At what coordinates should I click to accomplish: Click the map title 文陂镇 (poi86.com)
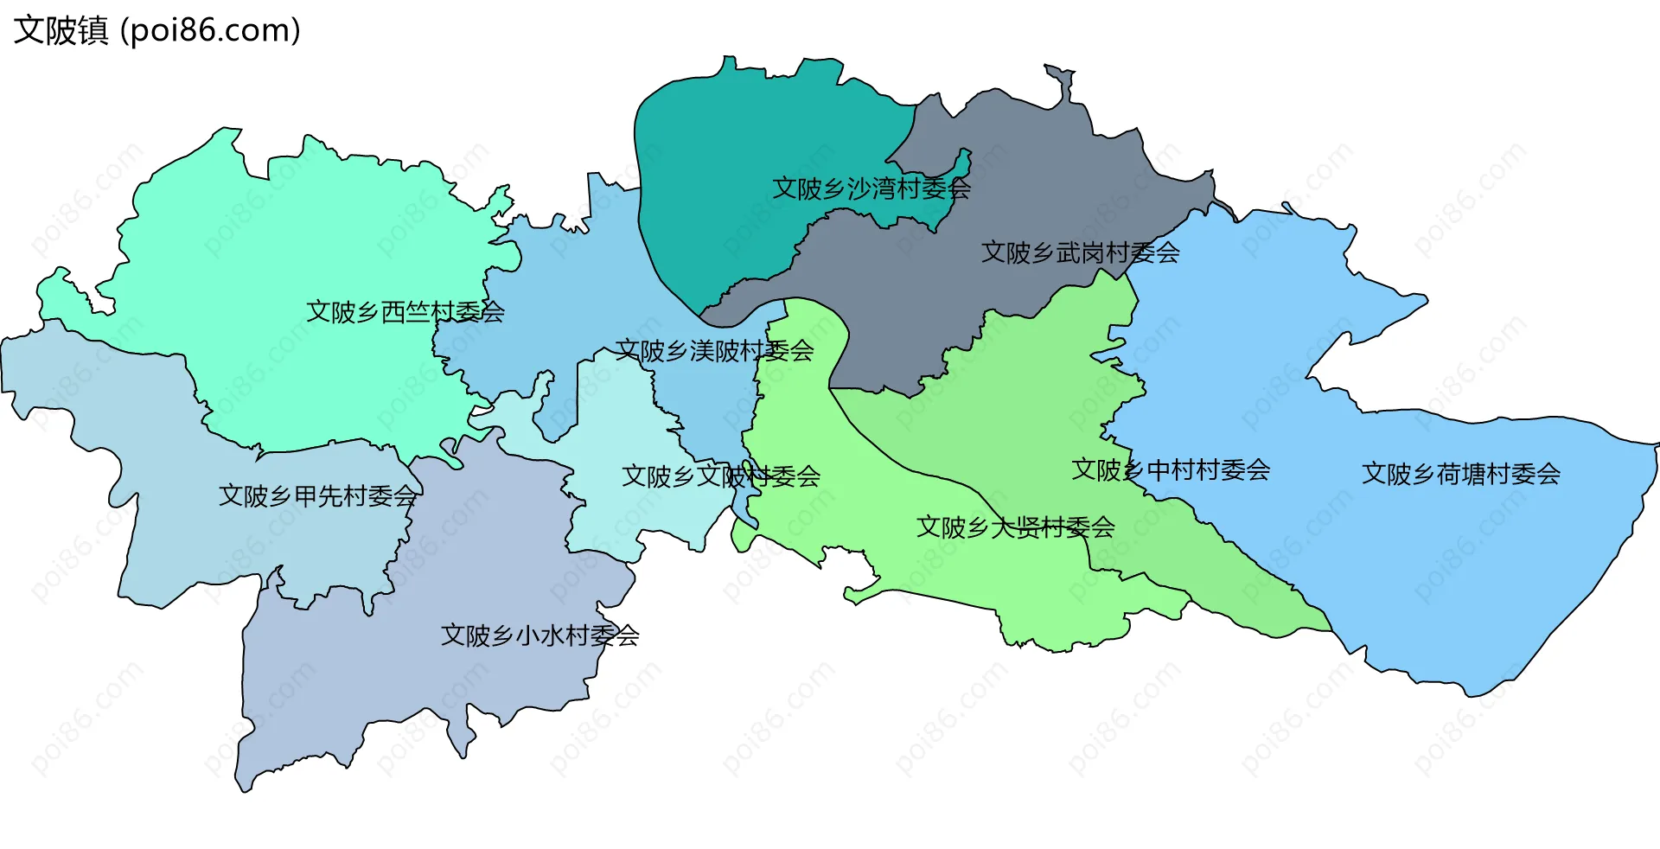point(156,30)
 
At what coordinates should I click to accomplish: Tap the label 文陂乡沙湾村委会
point(871,188)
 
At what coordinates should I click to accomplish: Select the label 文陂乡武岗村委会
point(1080,252)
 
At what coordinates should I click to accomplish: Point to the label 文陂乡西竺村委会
point(405,312)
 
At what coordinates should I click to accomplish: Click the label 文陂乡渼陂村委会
point(714,351)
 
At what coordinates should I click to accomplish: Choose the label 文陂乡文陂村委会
point(720,476)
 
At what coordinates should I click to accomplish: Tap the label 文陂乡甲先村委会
point(317,496)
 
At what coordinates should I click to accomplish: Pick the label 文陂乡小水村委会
point(539,636)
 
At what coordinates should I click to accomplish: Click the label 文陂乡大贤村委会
point(1015,527)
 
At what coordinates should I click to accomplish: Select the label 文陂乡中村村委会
point(1171,470)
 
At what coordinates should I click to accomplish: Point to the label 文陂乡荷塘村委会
point(1461,474)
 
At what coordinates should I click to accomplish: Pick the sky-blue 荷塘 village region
point(1427,553)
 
